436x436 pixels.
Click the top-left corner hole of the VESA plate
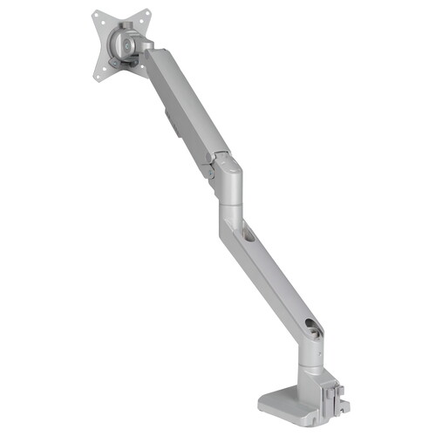click(x=96, y=16)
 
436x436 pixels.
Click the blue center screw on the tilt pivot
click(x=126, y=44)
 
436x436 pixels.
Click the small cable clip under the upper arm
click(x=169, y=122)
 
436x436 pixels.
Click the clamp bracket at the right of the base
click(x=336, y=397)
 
